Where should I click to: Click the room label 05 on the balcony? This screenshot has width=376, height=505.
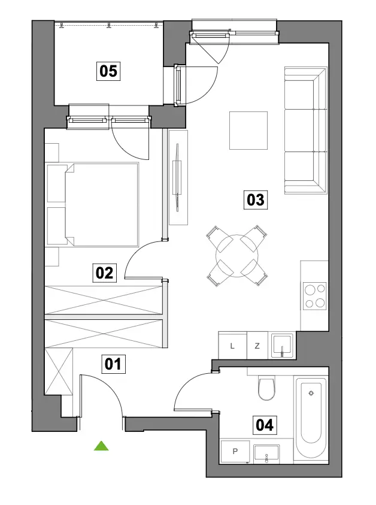(x=108, y=71)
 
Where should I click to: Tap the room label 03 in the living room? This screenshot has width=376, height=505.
(x=256, y=200)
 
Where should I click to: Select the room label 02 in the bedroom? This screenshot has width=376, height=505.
(x=105, y=273)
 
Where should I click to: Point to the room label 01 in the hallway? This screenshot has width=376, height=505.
(x=113, y=364)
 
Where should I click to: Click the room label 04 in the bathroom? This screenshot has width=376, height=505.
(x=265, y=425)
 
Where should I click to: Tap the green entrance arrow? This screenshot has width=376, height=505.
(x=101, y=446)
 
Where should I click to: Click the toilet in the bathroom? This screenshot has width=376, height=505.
(x=267, y=388)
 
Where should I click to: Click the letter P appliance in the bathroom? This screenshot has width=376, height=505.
(x=235, y=452)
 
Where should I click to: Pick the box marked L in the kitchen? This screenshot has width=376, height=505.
(x=232, y=346)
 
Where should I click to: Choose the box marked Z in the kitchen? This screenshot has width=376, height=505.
(x=257, y=346)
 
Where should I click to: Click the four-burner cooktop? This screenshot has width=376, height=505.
(x=315, y=297)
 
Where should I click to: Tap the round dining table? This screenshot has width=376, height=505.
(x=237, y=256)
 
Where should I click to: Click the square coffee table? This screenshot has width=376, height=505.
(x=248, y=131)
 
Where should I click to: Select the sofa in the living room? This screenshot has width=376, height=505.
(x=306, y=131)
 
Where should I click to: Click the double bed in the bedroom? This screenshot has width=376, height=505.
(x=93, y=205)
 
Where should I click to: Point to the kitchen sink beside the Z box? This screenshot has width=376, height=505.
(x=282, y=346)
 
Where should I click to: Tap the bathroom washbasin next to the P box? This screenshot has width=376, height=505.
(x=266, y=453)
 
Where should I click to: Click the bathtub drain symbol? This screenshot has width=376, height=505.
(x=311, y=393)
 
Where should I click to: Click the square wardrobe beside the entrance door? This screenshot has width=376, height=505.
(x=59, y=371)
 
